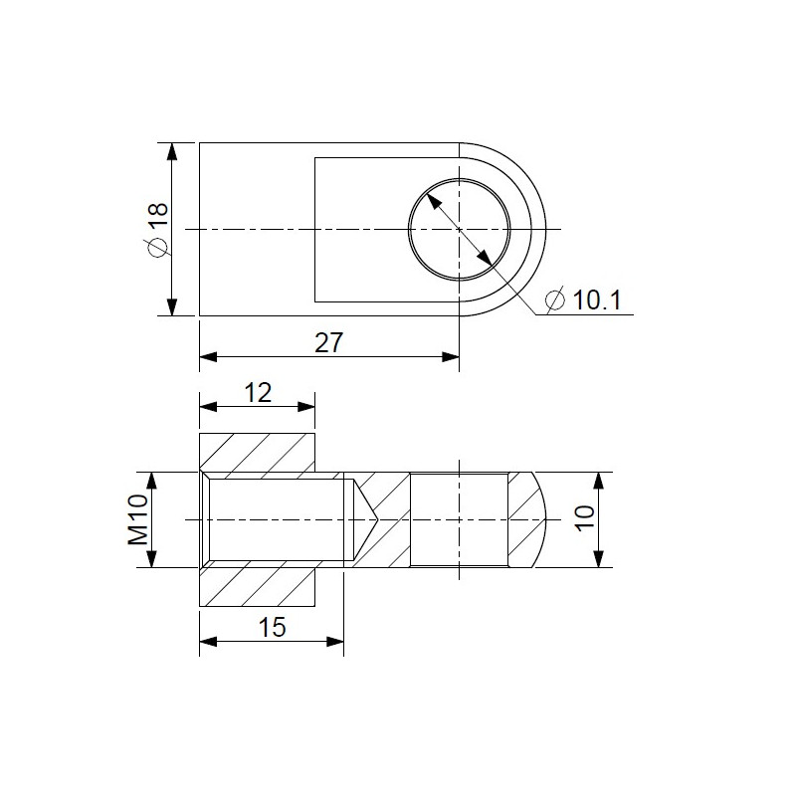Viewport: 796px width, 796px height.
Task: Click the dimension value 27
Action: (328, 343)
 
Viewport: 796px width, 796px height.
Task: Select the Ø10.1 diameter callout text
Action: (584, 298)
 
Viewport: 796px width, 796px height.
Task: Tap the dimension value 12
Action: (258, 392)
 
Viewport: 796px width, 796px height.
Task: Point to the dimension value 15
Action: (272, 626)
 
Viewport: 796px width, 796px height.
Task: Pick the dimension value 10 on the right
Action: (584, 518)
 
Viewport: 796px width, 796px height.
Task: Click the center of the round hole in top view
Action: (459, 229)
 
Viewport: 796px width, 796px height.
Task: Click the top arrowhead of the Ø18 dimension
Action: (173, 151)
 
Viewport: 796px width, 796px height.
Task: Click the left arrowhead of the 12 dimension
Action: (207, 406)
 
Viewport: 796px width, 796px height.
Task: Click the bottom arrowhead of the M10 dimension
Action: (151, 559)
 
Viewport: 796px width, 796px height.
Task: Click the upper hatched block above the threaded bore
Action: (258, 453)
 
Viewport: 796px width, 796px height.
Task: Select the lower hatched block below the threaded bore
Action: (258, 587)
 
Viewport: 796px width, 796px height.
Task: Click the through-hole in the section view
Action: (459, 519)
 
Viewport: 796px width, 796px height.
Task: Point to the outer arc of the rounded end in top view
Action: (545, 230)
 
